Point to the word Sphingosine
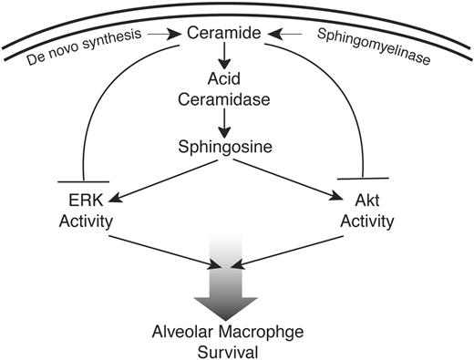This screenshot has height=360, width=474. point(235,145)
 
